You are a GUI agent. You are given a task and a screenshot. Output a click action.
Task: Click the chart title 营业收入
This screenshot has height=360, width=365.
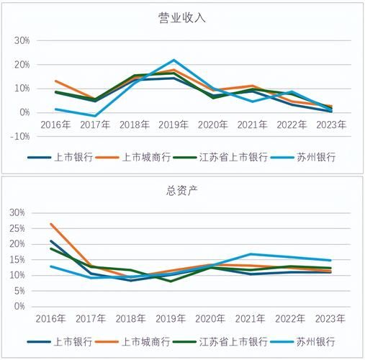pos(182,18)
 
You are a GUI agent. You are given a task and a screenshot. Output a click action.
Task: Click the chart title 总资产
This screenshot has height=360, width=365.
pos(182,191)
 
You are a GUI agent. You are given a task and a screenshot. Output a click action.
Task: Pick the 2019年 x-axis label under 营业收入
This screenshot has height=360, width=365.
pos(174,125)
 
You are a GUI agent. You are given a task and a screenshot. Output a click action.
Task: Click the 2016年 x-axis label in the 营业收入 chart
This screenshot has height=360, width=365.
pos(55,125)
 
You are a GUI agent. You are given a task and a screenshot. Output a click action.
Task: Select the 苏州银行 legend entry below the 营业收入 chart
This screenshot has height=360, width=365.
pos(315,156)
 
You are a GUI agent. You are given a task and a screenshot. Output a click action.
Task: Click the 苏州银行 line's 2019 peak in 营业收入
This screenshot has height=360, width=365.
pos(174,60)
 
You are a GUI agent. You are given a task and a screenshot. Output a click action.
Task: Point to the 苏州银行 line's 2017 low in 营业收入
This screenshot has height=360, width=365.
pos(94,116)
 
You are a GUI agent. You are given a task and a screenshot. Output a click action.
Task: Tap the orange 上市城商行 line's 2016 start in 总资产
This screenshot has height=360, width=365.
pos(50,224)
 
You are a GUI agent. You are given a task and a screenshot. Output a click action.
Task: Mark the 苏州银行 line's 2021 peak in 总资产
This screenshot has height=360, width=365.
pos(252,254)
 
